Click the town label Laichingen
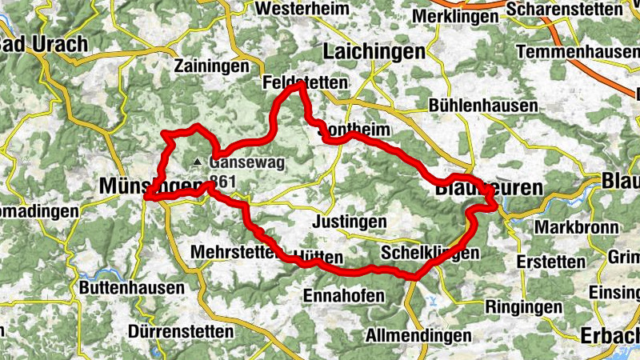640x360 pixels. (373, 52)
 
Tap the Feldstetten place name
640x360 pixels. (305, 83)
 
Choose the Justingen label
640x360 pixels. (351, 221)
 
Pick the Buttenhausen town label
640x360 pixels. (133, 287)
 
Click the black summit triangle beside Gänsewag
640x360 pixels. (198, 162)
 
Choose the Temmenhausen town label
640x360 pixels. (578, 52)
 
